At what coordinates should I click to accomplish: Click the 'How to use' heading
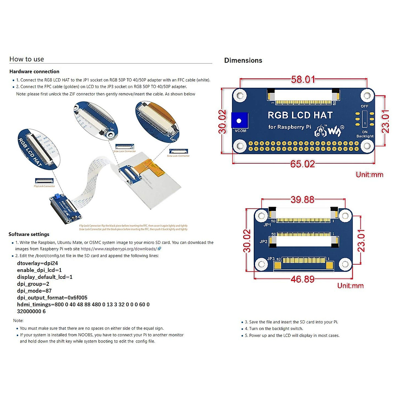(x=27, y=59)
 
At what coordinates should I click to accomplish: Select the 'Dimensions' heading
(x=243, y=60)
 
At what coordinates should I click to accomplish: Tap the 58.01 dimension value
(x=303, y=80)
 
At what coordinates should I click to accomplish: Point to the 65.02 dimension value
(x=303, y=164)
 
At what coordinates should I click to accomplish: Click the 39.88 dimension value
(x=302, y=200)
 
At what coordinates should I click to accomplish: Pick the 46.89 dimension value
(x=303, y=279)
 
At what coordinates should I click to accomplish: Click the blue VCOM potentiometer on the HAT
(x=239, y=120)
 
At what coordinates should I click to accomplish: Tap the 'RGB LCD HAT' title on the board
(x=300, y=115)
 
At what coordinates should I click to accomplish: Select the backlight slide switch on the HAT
(x=365, y=119)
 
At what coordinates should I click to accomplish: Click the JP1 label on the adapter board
(x=267, y=225)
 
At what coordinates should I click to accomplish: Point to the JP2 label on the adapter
(x=263, y=242)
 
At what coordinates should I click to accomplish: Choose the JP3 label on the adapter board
(x=271, y=259)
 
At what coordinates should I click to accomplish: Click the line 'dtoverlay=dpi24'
(x=38, y=263)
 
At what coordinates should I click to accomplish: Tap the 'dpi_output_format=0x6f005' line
(x=52, y=298)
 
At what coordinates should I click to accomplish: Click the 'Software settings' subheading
(x=29, y=234)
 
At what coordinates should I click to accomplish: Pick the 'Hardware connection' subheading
(x=34, y=72)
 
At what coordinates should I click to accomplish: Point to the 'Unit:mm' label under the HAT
(x=370, y=175)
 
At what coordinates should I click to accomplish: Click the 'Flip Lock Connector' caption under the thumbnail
(x=44, y=186)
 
